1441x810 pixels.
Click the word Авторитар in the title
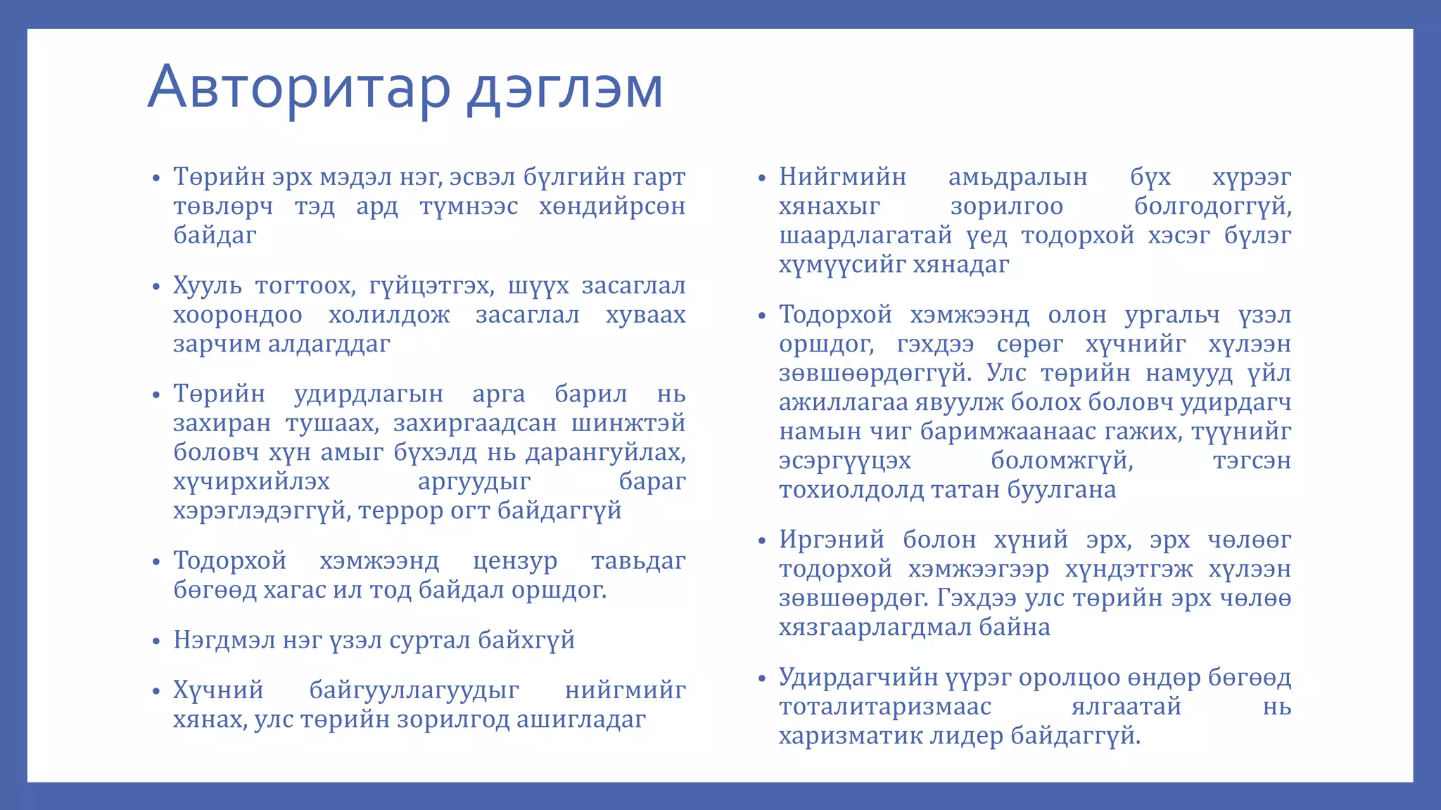[x=298, y=87]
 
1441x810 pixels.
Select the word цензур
[x=515, y=561]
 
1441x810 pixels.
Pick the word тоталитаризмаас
[x=885, y=707]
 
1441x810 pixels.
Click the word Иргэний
[x=832, y=540]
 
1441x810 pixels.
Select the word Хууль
[x=208, y=286]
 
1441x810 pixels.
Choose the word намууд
[x=1189, y=373]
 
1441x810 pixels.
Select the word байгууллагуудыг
[x=414, y=690]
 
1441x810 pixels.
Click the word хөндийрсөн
[x=612, y=207]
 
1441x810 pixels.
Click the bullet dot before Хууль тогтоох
[x=157, y=288]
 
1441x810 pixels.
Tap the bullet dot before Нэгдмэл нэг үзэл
[x=157, y=642]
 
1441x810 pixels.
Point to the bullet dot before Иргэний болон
[x=761, y=541]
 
